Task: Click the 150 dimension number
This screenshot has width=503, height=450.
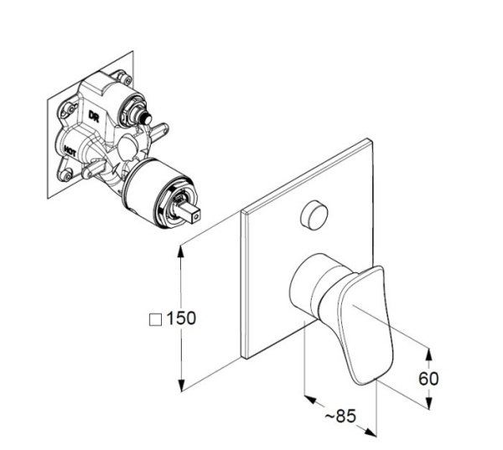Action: [181, 318]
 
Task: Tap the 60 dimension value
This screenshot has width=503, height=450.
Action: [428, 379]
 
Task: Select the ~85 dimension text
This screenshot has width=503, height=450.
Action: [340, 416]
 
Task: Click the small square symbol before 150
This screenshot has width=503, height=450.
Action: [156, 320]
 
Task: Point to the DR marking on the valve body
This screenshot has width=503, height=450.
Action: [94, 116]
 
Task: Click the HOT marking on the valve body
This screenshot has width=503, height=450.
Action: [70, 151]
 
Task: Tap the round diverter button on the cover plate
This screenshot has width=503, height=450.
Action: [314, 215]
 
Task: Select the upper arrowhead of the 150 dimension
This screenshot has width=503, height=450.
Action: [181, 251]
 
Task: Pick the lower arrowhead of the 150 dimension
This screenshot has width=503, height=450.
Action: [182, 385]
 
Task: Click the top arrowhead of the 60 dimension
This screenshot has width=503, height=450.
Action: [428, 354]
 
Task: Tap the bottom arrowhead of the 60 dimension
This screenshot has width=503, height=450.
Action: [428, 403]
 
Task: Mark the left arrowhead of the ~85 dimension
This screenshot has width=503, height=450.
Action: [310, 399]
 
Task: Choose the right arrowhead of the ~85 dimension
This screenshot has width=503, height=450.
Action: [371, 432]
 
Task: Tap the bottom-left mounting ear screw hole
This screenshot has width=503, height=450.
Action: [67, 175]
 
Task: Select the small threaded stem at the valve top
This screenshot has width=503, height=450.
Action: [146, 118]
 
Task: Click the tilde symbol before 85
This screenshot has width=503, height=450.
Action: [329, 416]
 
